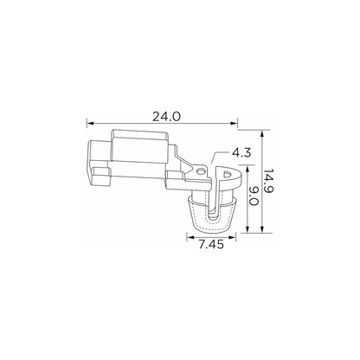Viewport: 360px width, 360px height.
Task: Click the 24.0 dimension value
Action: tap(166, 117)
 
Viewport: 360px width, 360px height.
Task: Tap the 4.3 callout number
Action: tap(241, 153)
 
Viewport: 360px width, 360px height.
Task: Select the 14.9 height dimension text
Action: tap(268, 181)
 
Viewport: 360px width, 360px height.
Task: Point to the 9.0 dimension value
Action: tap(253, 196)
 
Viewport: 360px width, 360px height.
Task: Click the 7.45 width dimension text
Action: tap(211, 245)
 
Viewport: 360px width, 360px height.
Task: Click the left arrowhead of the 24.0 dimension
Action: tap(90, 124)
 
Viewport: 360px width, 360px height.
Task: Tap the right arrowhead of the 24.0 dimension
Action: tap(234, 124)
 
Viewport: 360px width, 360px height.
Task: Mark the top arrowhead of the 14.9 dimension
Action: tap(262, 134)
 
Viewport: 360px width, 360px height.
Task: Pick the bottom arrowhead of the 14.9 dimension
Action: tap(262, 229)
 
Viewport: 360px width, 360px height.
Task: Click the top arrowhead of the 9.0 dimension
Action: tap(247, 169)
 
